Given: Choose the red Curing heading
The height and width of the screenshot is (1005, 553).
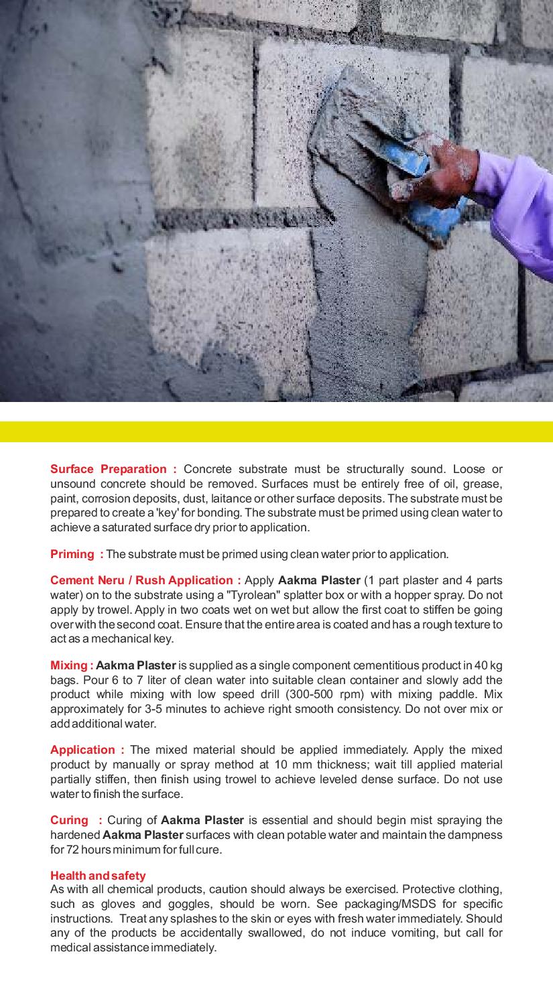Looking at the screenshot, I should (69, 820).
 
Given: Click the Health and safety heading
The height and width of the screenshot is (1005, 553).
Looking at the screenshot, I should (98, 876).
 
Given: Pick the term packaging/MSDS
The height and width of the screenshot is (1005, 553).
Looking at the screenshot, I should (422, 904).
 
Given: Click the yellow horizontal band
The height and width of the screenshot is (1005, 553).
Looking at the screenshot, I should (276, 431).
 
